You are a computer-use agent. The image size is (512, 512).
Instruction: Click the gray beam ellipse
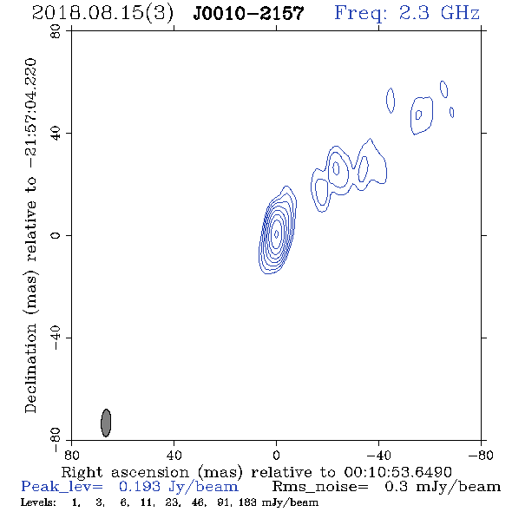click(x=106, y=423)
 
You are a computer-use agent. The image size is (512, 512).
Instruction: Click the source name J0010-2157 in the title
click(x=248, y=13)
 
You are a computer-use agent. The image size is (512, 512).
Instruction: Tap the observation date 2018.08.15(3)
click(x=102, y=13)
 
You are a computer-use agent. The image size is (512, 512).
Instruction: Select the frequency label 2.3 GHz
click(x=439, y=13)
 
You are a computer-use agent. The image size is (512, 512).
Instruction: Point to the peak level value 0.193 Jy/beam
click(x=179, y=487)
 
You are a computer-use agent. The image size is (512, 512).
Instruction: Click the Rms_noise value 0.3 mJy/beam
click(x=443, y=487)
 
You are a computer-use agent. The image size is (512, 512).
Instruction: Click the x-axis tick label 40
click(x=174, y=455)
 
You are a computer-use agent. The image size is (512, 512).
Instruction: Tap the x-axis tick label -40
click(x=378, y=455)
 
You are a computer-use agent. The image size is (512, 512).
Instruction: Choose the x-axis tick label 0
click(x=276, y=455)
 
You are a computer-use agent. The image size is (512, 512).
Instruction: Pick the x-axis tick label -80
click(x=481, y=455)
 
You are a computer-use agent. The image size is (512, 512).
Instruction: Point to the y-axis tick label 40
click(x=56, y=134)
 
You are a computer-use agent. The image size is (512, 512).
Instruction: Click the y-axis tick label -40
click(x=56, y=338)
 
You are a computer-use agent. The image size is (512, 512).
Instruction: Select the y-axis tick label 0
click(x=56, y=235)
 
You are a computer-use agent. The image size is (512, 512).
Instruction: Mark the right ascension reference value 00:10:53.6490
click(x=397, y=472)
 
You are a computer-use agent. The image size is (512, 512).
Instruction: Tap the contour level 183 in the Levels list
click(x=247, y=502)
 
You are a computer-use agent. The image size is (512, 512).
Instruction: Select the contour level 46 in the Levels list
click(x=198, y=502)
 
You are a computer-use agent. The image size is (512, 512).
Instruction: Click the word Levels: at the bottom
click(x=38, y=502)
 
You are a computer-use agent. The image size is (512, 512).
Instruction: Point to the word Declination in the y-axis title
click(x=30, y=368)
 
